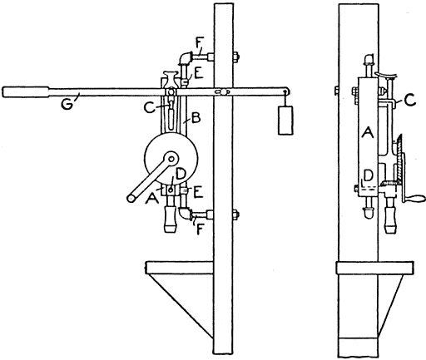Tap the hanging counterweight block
285,121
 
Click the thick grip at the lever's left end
26,92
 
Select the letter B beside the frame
196,118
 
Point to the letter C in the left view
149,108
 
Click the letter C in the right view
410,100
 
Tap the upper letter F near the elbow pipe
198,44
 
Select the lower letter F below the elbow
199,229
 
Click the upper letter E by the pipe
199,73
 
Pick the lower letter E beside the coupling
198,192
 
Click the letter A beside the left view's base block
152,198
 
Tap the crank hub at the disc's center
171,159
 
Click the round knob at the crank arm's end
131,198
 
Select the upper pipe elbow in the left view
185,58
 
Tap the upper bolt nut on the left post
236,57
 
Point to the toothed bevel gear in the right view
399,160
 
